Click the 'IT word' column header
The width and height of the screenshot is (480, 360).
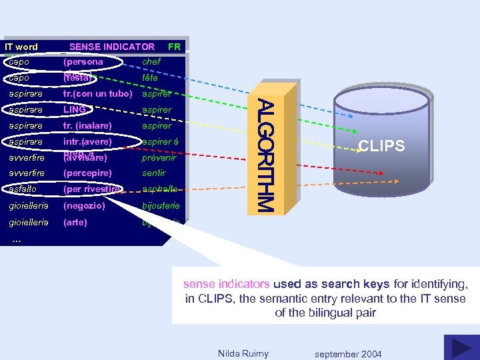click(21, 47)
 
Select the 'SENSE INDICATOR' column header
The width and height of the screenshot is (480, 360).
click(111, 47)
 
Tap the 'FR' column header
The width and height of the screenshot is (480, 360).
click(174, 47)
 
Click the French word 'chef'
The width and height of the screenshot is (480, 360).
click(151, 62)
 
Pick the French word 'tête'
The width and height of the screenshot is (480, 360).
click(150, 78)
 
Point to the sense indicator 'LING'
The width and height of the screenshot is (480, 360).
click(75, 109)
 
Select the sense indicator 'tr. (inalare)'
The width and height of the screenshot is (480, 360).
click(87, 125)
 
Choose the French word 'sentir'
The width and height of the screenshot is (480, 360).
click(153, 173)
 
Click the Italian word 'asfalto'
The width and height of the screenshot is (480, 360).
click(23, 189)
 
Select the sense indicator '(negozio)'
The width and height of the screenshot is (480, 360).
click(85, 206)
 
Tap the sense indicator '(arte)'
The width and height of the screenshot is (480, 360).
click(75, 222)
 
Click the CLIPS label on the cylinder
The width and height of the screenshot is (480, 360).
click(381, 146)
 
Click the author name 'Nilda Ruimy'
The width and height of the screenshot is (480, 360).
click(243, 353)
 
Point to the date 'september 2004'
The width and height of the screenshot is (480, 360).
click(348, 354)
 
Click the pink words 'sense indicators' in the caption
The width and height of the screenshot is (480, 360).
click(227, 284)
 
